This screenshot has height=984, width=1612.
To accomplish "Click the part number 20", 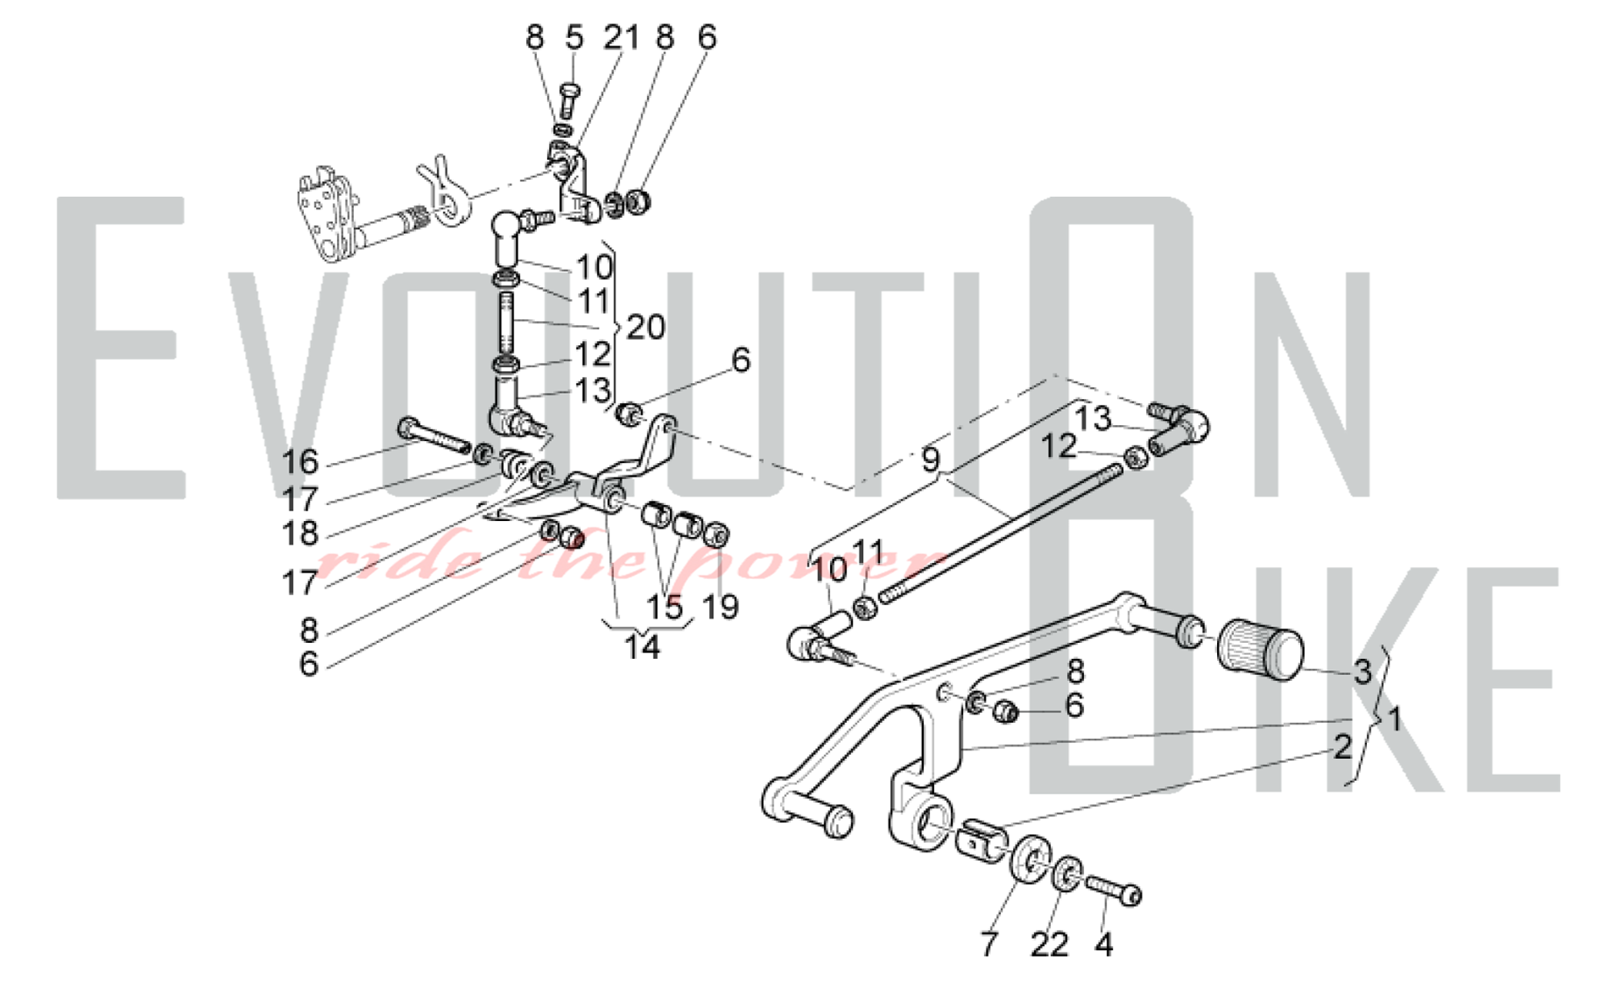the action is point(646,327).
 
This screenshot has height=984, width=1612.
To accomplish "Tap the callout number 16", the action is point(300,462).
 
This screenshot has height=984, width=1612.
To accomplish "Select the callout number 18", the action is point(300,533).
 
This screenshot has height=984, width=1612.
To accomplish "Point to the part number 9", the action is point(931,460).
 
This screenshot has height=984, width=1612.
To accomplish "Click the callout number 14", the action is point(642,647).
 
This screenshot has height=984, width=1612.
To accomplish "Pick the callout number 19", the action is point(721,607).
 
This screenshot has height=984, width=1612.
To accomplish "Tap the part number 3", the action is point(1362,672).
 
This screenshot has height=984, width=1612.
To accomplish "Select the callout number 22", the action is point(1049,944).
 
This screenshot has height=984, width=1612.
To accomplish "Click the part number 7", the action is point(989,944).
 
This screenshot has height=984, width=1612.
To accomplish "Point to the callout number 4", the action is point(1104,944).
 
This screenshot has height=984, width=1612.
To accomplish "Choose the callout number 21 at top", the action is point(621,37).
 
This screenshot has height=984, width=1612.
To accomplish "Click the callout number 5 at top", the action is point(574,37).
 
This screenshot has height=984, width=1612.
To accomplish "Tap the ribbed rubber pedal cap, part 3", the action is point(1260,649).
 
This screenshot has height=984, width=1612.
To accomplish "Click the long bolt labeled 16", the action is point(434,436).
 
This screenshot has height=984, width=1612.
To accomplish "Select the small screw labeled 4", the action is point(1113,890).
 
